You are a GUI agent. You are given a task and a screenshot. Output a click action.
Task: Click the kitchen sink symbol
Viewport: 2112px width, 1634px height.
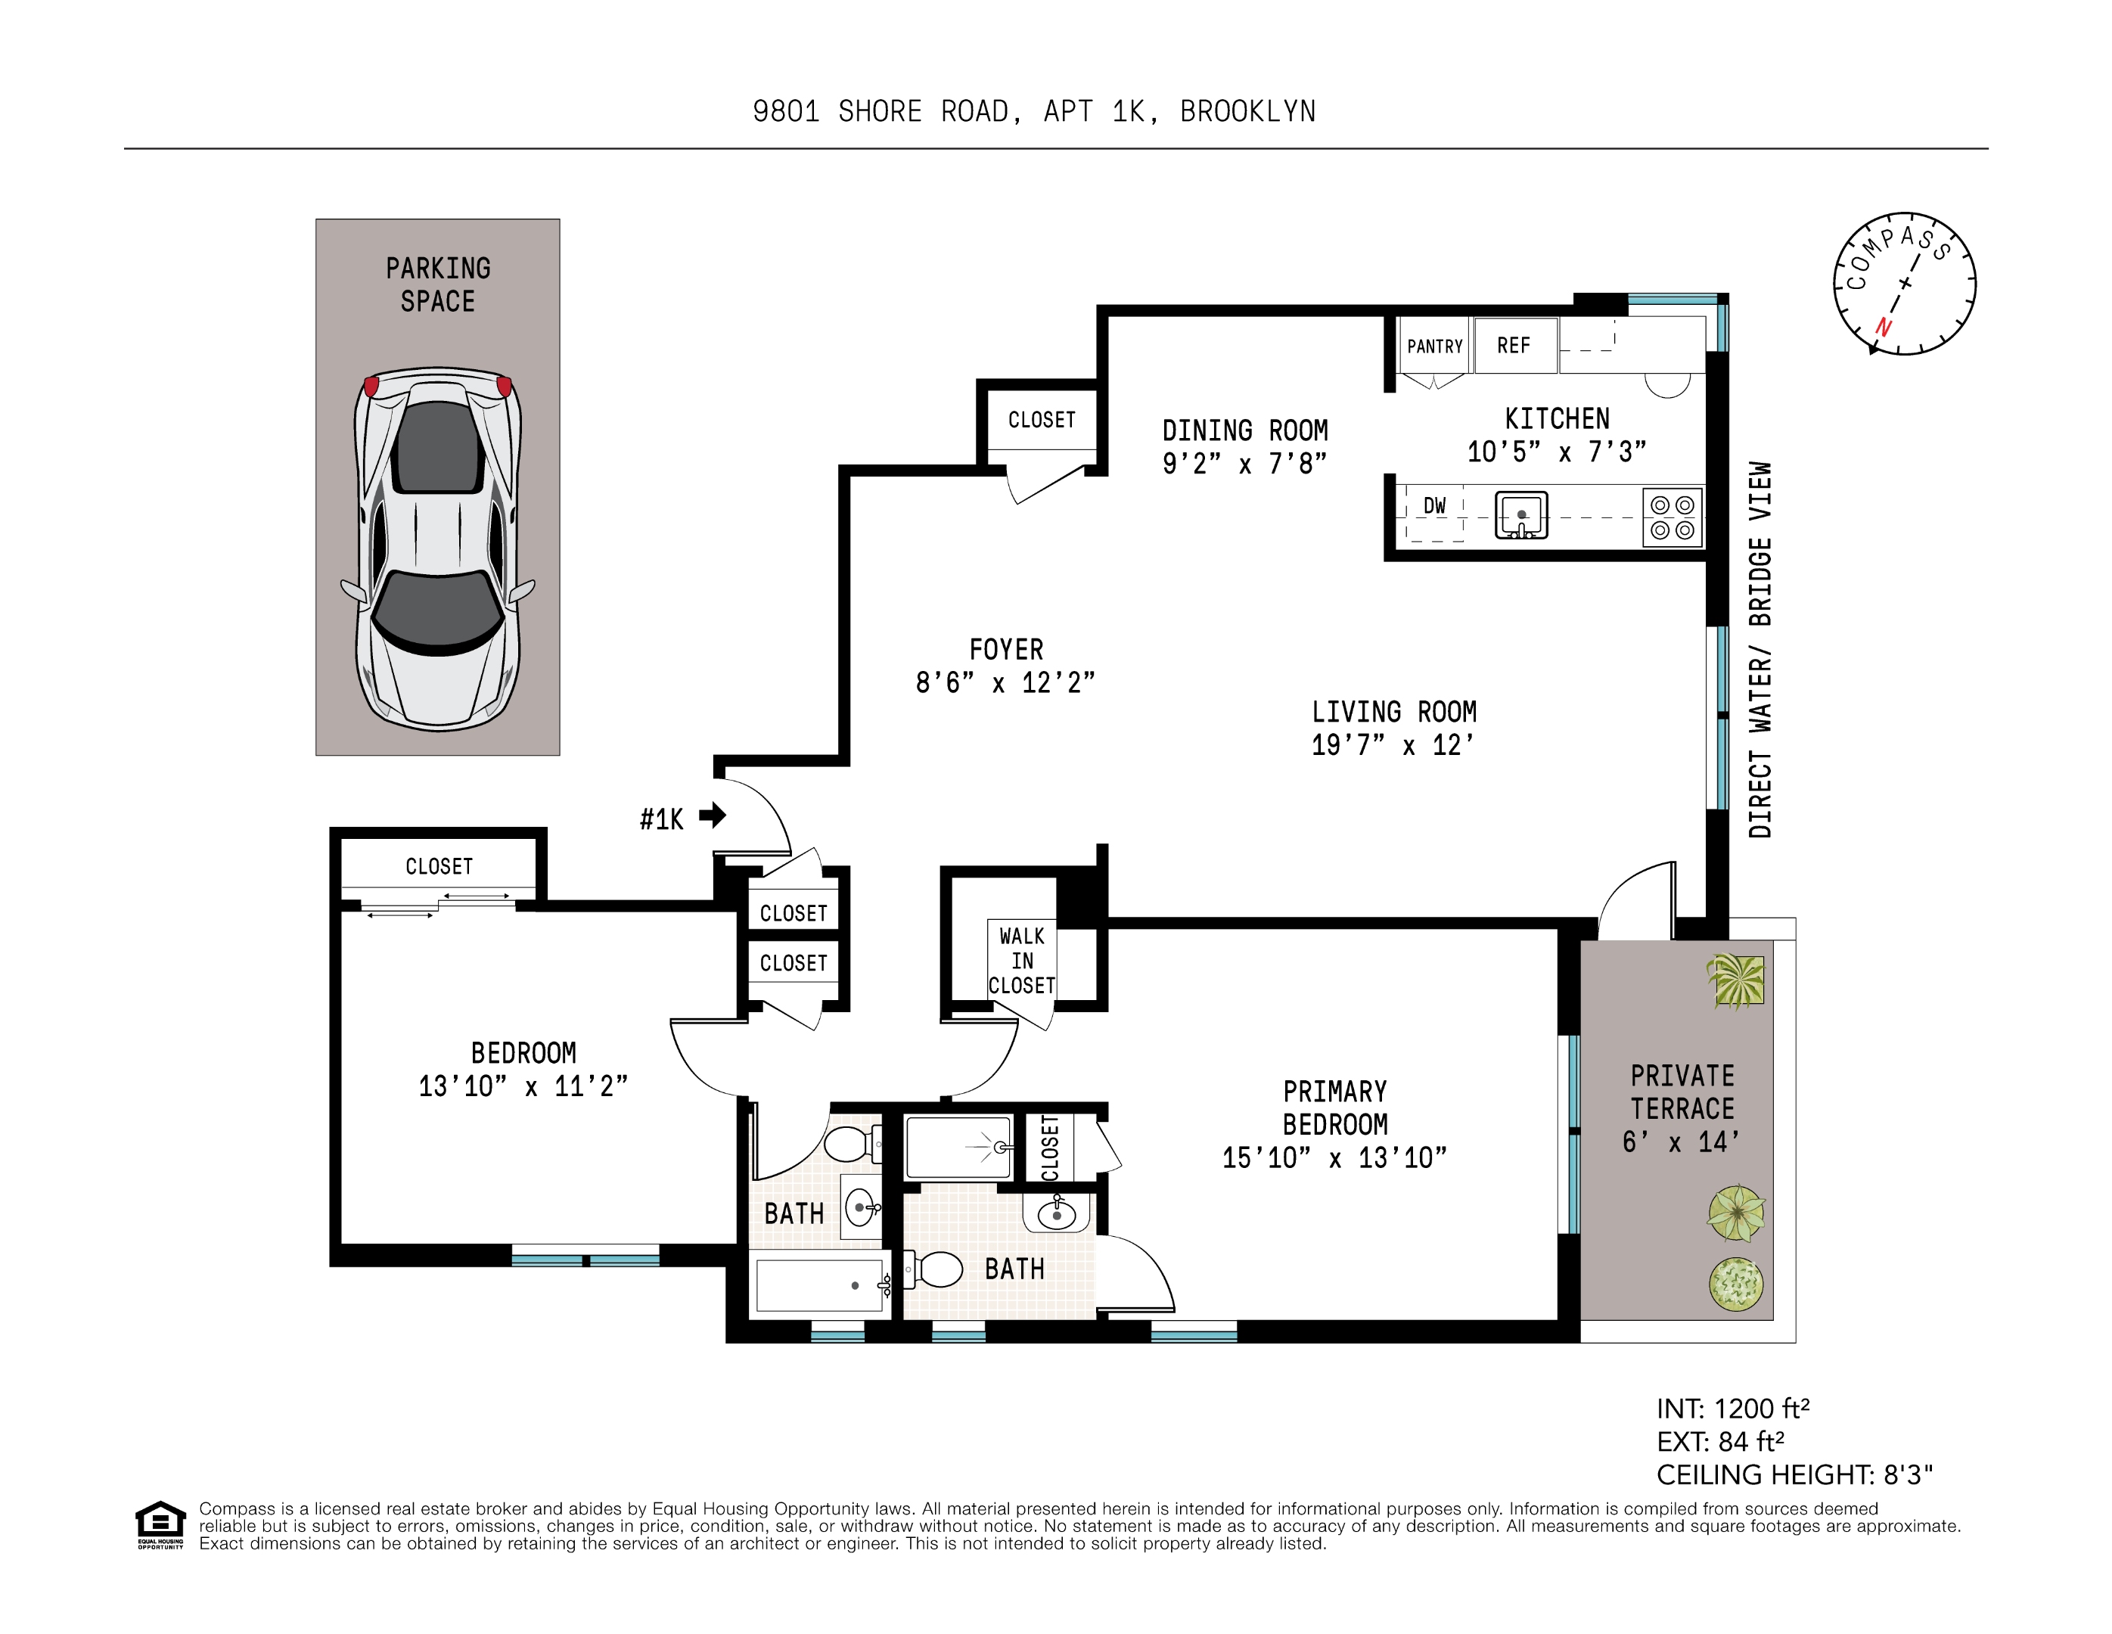click(1521, 514)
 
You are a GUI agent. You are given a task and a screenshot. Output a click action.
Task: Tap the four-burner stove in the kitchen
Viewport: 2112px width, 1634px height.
click(1672, 517)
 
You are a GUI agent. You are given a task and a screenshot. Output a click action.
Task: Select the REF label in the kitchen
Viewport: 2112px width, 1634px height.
click(1514, 345)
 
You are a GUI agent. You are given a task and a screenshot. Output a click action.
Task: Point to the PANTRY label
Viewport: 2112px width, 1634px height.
click(1434, 346)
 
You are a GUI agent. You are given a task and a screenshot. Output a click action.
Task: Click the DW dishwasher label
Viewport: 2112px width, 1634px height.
click(1434, 505)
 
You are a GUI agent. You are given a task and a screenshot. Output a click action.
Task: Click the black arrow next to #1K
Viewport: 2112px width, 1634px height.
click(713, 815)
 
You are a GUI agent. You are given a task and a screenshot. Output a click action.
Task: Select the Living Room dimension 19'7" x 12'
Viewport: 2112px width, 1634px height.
click(1393, 745)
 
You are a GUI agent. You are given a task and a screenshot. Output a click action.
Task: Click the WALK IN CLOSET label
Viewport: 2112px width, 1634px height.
click(1021, 961)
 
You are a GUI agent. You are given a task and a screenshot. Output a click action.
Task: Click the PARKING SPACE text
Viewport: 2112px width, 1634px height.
click(438, 284)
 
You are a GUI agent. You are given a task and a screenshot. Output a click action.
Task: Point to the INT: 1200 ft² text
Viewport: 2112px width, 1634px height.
click(1733, 1409)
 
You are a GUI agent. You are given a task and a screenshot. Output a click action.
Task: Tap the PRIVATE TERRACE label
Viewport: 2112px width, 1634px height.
click(1682, 1092)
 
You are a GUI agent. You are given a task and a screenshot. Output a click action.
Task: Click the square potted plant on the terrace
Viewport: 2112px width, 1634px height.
click(1736, 980)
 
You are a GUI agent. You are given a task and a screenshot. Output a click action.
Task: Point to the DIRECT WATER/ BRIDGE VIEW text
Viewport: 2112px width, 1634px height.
click(1760, 650)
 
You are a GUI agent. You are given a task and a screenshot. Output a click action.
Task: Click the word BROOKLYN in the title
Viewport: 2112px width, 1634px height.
click(1248, 112)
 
